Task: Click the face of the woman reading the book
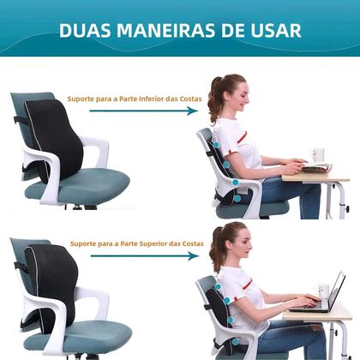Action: coord(242,97)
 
